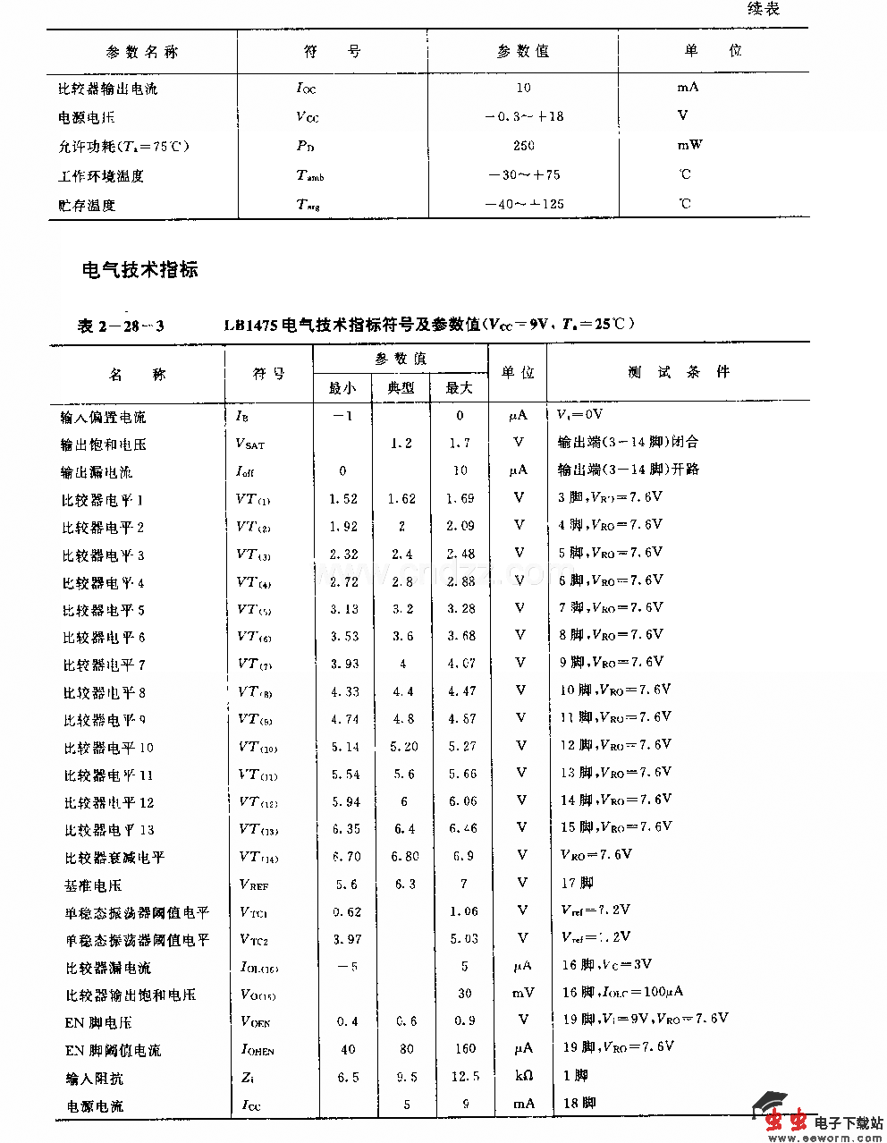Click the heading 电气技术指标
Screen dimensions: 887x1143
(139, 269)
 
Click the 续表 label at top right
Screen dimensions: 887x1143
(763, 9)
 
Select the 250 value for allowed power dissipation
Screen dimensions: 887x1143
(524, 145)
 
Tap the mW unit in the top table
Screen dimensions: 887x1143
(688, 144)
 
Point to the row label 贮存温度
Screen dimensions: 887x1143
(87, 205)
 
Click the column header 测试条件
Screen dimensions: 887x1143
(679, 372)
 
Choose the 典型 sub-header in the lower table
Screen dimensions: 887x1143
(401, 387)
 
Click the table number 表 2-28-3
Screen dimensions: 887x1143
(121, 325)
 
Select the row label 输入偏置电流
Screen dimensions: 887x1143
(104, 417)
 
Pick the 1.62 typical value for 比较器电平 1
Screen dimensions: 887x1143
(401, 499)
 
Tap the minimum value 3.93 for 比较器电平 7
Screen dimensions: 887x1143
(344, 664)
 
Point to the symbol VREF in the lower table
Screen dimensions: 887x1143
(254, 885)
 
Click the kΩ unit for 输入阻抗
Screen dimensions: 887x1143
(523, 1076)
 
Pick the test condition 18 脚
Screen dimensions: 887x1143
(579, 1103)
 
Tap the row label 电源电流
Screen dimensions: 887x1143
(95, 1106)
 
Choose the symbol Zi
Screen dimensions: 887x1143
(248, 1078)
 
